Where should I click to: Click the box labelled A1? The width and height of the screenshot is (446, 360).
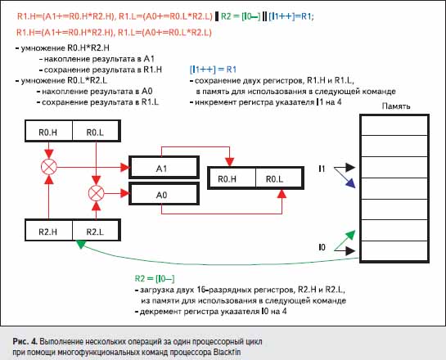(164, 167)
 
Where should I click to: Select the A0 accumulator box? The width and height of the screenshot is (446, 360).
(164, 194)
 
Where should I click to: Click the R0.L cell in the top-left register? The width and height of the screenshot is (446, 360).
(96, 131)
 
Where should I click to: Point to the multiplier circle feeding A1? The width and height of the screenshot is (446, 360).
(49, 167)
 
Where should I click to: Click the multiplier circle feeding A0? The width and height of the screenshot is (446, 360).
(96, 193)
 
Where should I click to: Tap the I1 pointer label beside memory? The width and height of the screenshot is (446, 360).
(322, 169)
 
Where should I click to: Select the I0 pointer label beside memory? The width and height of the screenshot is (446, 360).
(322, 248)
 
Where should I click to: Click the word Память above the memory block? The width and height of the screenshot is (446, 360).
(396, 106)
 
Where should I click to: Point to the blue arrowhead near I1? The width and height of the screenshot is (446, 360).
(351, 183)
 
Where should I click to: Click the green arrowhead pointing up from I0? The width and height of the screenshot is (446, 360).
(351, 235)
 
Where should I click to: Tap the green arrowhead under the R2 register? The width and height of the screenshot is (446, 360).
(81, 245)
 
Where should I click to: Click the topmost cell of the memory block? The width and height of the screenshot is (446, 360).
(394, 125)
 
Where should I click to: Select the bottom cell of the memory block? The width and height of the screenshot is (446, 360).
(394, 251)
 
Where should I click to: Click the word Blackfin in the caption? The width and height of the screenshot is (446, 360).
(227, 352)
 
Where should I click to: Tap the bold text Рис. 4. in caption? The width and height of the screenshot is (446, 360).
(25, 341)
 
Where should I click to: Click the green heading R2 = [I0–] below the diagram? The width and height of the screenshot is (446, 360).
(155, 278)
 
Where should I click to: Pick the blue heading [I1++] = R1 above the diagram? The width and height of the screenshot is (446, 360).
(213, 70)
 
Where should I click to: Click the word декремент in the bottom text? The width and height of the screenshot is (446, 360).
(160, 312)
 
